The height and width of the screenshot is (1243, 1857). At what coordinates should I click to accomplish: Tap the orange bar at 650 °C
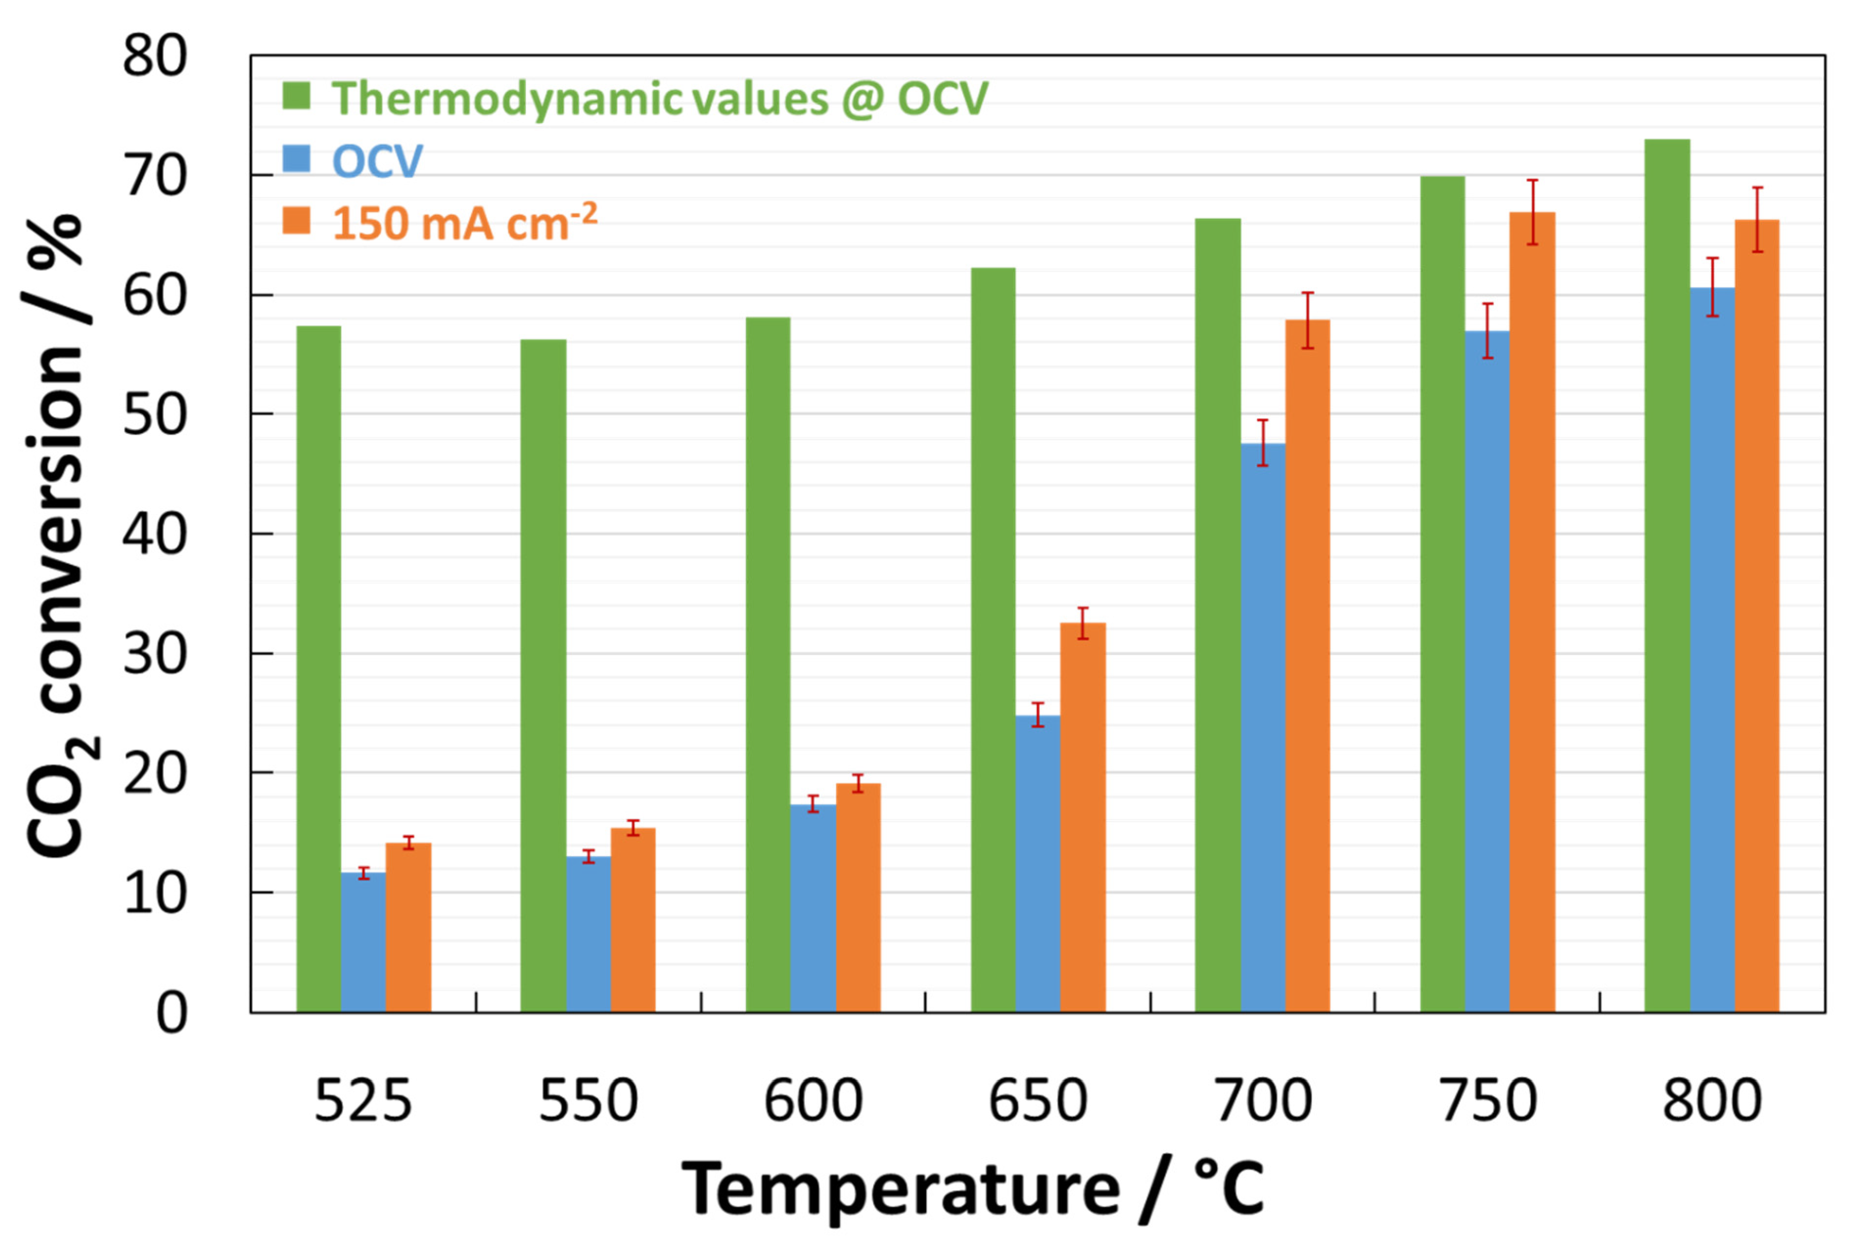pyautogui.click(x=1082, y=816)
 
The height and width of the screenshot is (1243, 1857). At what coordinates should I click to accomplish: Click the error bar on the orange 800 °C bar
pyautogui.click(x=1757, y=220)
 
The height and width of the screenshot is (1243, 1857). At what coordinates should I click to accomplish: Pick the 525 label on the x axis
pyautogui.click(x=363, y=1100)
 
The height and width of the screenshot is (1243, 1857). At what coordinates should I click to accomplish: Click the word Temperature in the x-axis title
pyautogui.click(x=900, y=1189)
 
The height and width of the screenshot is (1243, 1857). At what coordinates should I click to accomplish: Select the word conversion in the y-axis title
pyautogui.click(x=55, y=523)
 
